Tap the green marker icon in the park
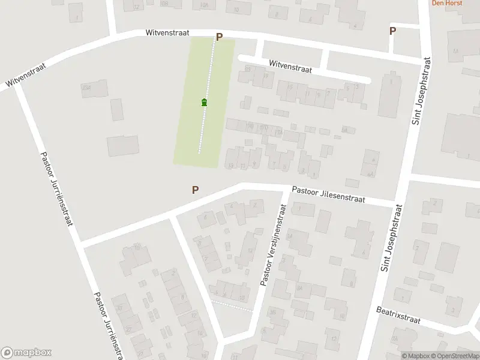[x=205, y=103]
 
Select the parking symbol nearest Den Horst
[x=392, y=31]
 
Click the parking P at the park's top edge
[x=219, y=37]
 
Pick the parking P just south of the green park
[x=195, y=190]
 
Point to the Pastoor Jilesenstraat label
[x=329, y=194]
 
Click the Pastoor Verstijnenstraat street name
[x=272, y=243]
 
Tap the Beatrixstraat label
[x=398, y=316]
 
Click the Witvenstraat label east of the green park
[x=290, y=66]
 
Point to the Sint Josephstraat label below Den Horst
[x=422, y=91]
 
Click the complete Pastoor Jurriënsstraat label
[x=56, y=188]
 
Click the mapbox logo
[x=26, y=353]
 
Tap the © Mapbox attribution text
[x=415, y=356]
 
